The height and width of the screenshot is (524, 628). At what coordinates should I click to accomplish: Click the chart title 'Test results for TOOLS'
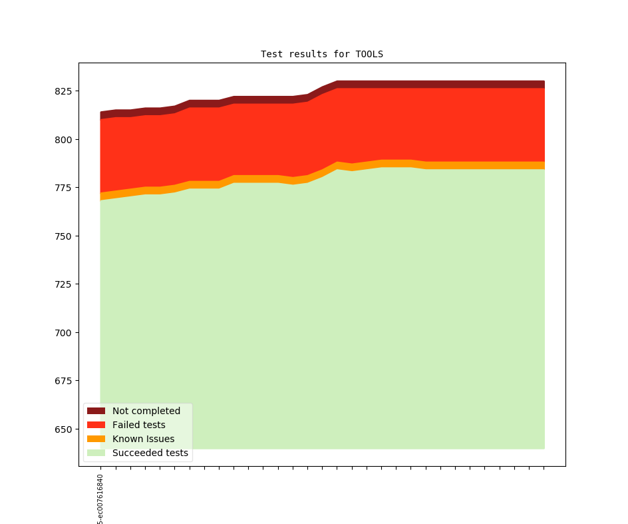pos(322,54)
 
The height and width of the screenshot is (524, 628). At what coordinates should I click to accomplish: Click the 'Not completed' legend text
pos(146,411)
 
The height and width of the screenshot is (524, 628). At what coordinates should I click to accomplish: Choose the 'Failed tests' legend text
pos(139,425)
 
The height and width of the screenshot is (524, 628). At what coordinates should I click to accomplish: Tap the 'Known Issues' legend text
pos(144,439)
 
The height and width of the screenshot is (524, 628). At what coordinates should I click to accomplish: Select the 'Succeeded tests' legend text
pos(150,453)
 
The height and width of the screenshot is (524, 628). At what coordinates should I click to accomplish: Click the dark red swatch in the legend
pos(96,411)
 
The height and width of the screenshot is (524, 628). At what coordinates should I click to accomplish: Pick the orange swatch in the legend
pos(96,439)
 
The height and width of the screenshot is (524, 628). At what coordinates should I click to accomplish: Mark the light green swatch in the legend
pos(96,453)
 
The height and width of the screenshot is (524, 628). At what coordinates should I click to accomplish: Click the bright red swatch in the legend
pos(96,425)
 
